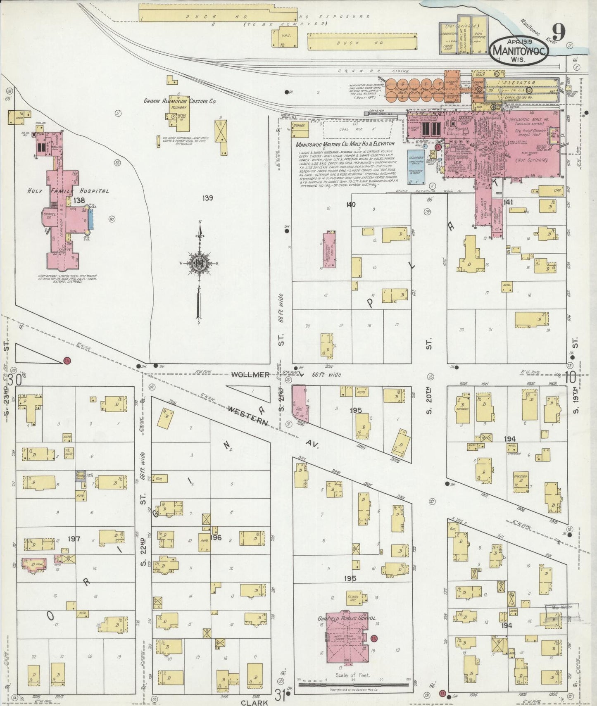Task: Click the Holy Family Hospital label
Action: (x=68, y=191)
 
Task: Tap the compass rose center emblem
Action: (x=199, y=263)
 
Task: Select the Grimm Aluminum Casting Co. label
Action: (x=180, y=101)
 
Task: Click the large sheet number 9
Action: (x=559, y=31)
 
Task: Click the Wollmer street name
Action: (x=250, y=375)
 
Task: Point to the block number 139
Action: (x=207, y=198)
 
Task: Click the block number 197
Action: (x=74, y=539)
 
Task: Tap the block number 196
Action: (x=216, y=537)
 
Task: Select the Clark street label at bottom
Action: (x=252, y=702)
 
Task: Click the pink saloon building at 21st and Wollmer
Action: (x=299, y=403)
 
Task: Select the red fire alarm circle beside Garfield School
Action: (x=374, y=638)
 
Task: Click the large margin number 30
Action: (x=17, y=379)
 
